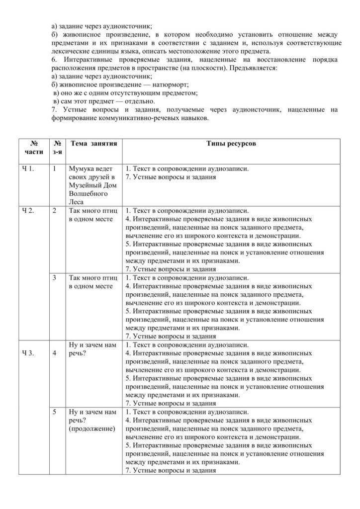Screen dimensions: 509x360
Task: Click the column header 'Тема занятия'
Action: tap(94, 144)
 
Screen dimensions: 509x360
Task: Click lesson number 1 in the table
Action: tap(54, 169)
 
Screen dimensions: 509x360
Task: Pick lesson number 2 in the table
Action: tap(54, 210)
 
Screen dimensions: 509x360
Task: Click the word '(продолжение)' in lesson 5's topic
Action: tap(92, 428)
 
